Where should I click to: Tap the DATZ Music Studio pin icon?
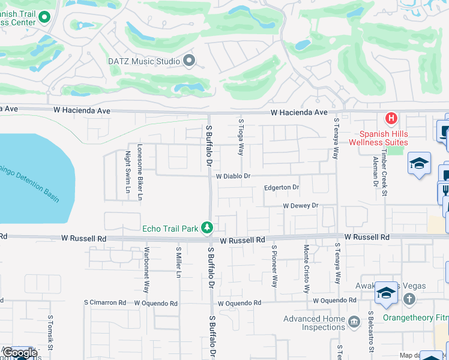tap(190, 61)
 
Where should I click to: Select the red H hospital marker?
tap(391, 118)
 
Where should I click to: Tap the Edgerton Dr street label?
tap(282, 188)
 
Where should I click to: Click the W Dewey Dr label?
tap(301, 206)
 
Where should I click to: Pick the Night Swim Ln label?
tap(127, 172)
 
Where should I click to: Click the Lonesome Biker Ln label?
tap(140, 172)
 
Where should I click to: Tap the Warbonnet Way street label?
tap(146, 269)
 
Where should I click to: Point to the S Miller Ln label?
tap(178, 262)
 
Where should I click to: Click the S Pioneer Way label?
tap(274, 266)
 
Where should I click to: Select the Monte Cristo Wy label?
tap(306, 260)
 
